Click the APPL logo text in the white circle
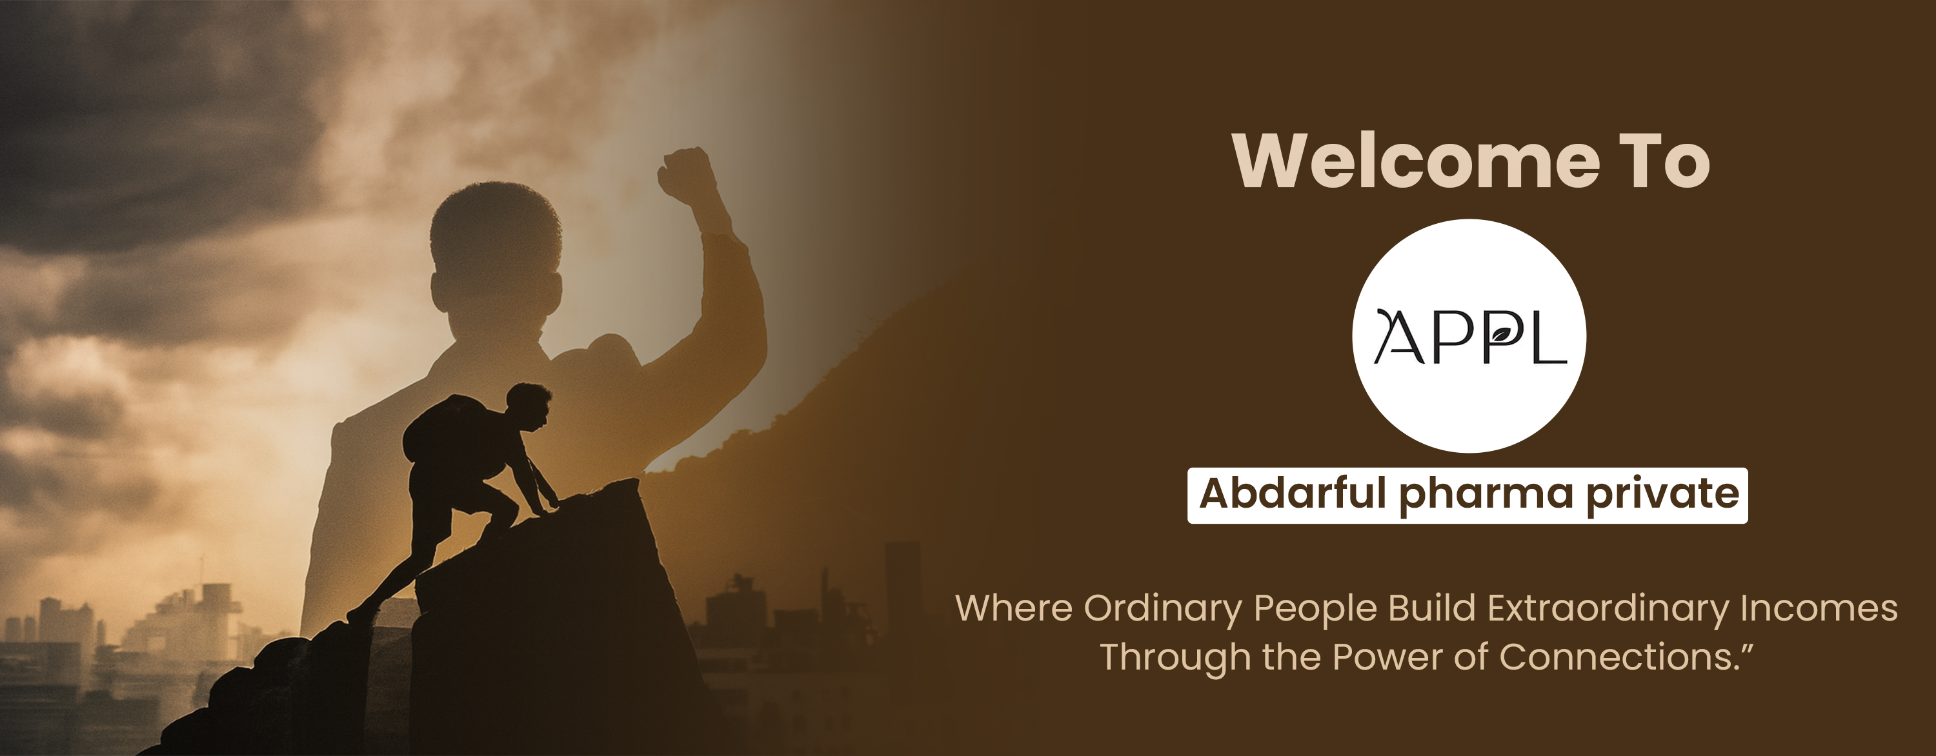click(x=1470, y=336)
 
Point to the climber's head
click(x=529, y=406)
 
